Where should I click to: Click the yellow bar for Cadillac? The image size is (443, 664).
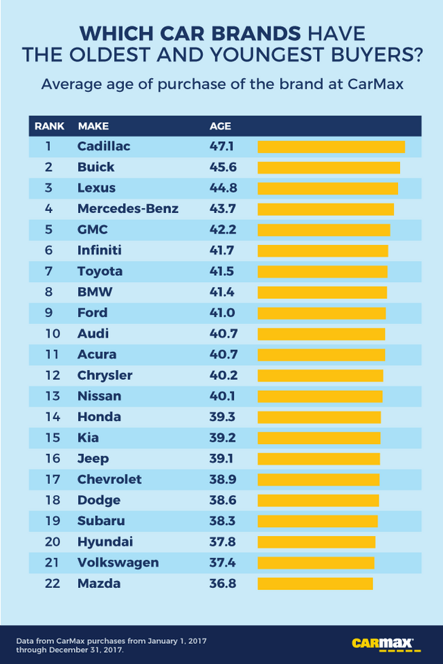tap(331, 147)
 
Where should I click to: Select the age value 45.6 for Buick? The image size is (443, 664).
tap(223, 167)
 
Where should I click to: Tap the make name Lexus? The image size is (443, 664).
tap(96, 188)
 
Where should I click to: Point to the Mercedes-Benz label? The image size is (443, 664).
tap(128, 209)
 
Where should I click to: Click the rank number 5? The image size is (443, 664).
tap(48, 230)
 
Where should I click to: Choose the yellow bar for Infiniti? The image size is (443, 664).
tap(323, 250)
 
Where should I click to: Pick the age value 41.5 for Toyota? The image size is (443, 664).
tap(223, 271)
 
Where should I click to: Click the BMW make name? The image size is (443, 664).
tap(95, 292)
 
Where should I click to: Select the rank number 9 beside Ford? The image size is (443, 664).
tap(48, 313)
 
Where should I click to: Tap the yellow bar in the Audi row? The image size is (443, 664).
tap(321, 334)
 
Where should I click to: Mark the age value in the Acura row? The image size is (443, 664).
tap(223, 355)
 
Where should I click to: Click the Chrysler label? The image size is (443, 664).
tap(105, 376)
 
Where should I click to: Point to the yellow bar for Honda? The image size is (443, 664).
tap(319, 417)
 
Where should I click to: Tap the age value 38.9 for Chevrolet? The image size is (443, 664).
tap(223, 479)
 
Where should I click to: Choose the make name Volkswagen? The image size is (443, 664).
tap(118, 562)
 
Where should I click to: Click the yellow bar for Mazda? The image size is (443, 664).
tap(315, 584)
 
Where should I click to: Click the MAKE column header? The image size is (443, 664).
tap(93, 127)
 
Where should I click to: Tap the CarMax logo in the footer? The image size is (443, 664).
tap(382, 644)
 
